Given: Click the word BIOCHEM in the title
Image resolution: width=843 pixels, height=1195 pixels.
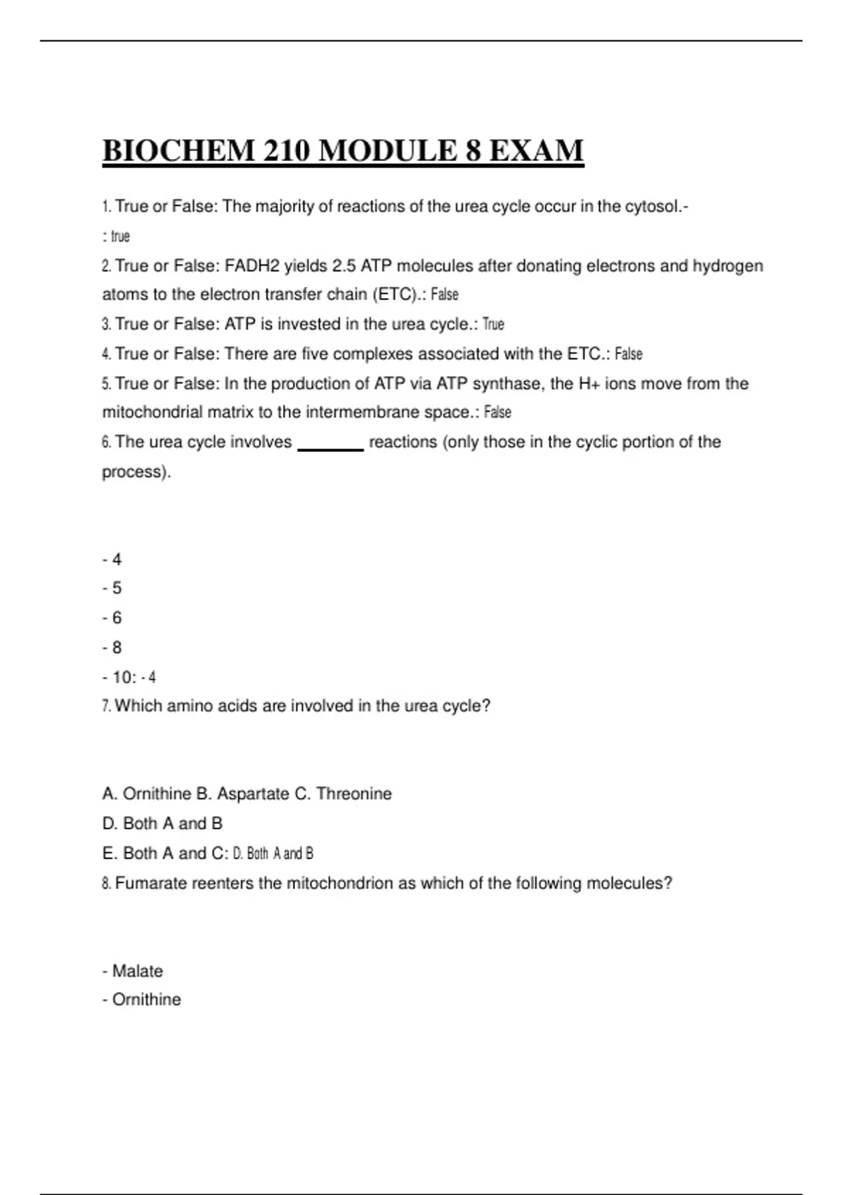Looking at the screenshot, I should pyautogui.click(x=178, y=151).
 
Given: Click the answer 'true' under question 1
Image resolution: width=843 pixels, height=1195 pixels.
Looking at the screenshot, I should pyautogui.click(x=120, y=237).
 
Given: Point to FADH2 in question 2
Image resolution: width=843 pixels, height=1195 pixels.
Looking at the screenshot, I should pyautogui.click(x=251, y=266).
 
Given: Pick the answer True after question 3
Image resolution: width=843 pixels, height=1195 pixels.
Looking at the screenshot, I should pyautogui.click(x=493, y=325).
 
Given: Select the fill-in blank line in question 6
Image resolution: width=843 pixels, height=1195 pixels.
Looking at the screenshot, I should pyautogui.click(x=331, y=448).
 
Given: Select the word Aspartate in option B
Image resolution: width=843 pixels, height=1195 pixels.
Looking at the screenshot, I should pyautogui.click(x=253, y=794).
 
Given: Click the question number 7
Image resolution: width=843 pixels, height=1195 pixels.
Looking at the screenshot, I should pyautogui.click(x=106, y=706).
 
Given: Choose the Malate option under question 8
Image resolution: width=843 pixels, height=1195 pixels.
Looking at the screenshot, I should pyautogui.click(x=137, y=971).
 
